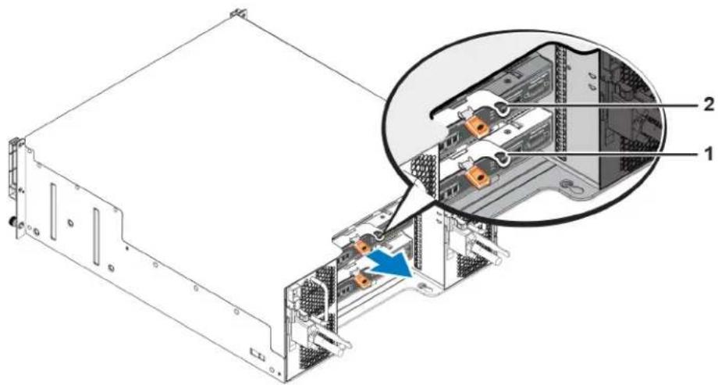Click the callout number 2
point(709,105)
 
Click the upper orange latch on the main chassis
point(363,247)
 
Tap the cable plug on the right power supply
point(481,246)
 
